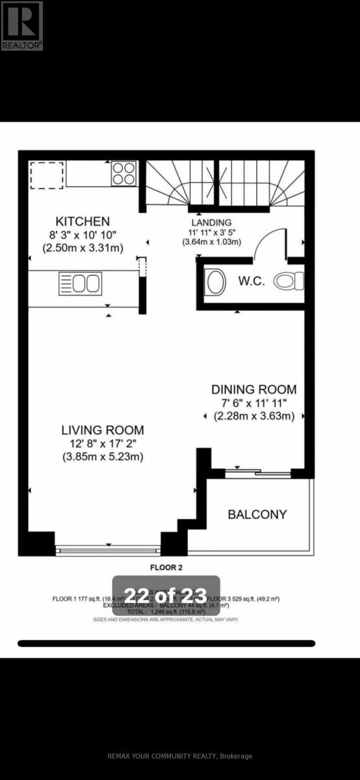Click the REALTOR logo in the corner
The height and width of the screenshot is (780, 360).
[x=22, y=25]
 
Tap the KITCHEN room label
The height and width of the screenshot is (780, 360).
[x=83, y=222]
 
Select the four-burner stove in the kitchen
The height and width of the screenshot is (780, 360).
[x=123, y=174]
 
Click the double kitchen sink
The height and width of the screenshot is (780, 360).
[x=80, y=283]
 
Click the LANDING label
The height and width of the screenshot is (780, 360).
[x=211, y=222]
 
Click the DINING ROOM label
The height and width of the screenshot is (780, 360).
[x=253, y=389]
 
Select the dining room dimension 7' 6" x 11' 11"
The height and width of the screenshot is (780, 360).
[x=254, y=403]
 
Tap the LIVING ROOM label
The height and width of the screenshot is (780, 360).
[x=103, y=430]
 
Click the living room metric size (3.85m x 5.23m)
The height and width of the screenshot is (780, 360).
[x=103, y=457]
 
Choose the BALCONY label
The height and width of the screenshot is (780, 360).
[x=257, y=514]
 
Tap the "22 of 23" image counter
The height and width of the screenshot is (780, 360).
[x=166, y=595]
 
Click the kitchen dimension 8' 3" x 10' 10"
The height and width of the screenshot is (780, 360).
[x=83, y=235]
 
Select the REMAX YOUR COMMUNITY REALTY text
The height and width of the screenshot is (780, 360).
[x=179, y=756]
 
